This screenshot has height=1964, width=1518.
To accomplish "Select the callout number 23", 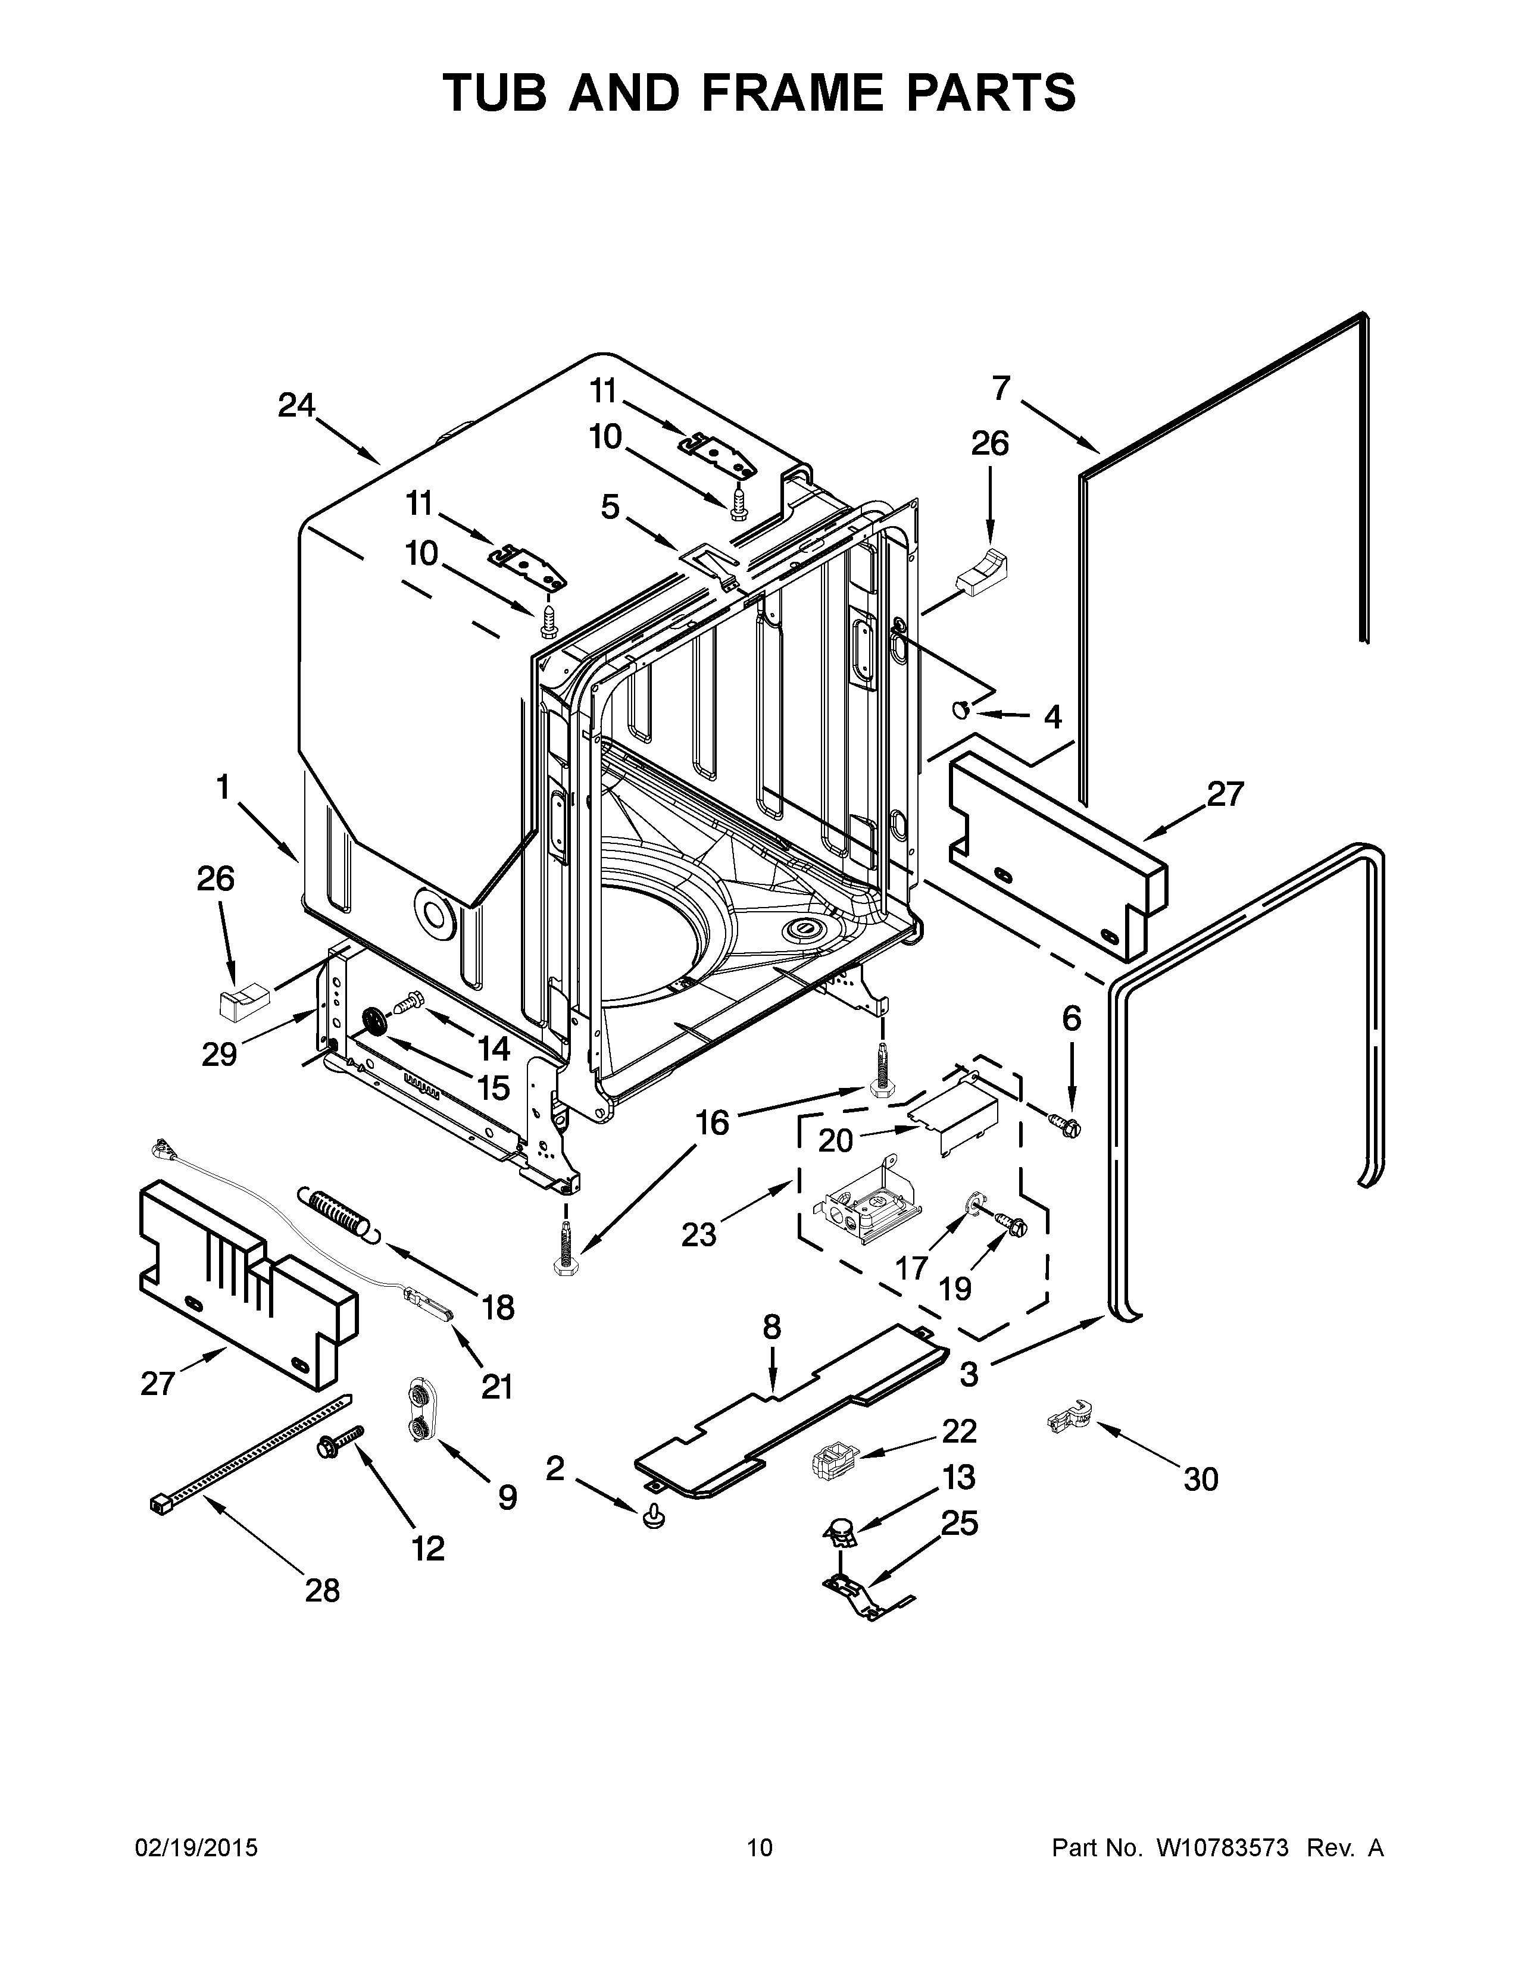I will pos(699,1234).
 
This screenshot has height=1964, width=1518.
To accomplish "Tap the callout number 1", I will pos(222,788).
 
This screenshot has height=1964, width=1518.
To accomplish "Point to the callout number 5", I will pos(611,507).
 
